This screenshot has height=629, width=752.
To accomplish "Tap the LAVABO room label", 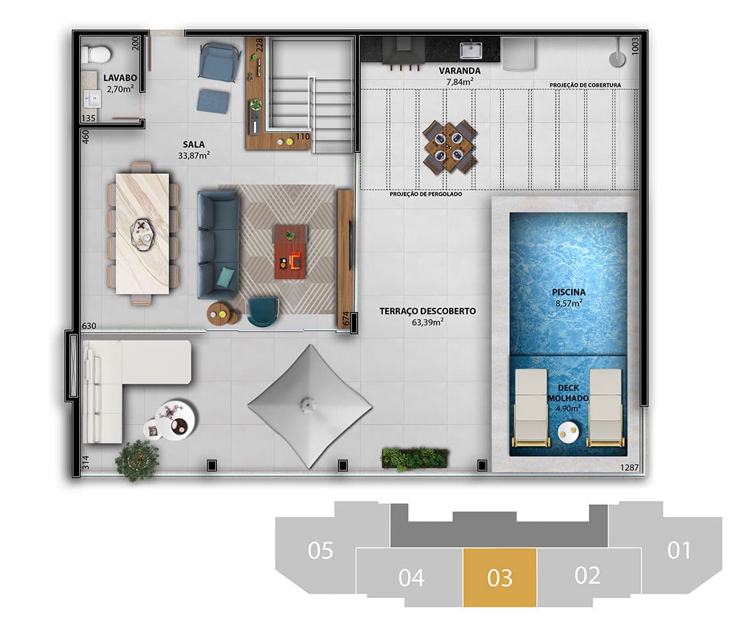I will (119, 78).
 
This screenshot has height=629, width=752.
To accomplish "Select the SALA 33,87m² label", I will (193, 150).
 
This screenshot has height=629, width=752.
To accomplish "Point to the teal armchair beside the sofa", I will (263, 311).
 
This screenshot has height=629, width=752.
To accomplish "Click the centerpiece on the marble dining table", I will (142, 233).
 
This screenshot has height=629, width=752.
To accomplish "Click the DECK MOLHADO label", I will (568, 394).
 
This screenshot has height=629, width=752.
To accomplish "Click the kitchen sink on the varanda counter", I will (470, 49).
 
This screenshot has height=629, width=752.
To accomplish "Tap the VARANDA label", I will (459, 71).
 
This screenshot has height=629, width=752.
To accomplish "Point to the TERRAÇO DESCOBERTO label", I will (427, 311).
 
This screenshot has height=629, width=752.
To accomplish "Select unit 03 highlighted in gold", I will (499, 578).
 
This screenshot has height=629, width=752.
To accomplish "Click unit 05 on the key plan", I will (321, 550).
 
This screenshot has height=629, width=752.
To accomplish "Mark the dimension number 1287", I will (629, 467).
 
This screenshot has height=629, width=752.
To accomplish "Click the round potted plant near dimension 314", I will (137, 459).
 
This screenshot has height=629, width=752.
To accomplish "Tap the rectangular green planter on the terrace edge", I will (414, 459).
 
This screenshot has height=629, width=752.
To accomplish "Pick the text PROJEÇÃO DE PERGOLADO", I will (425, 195).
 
